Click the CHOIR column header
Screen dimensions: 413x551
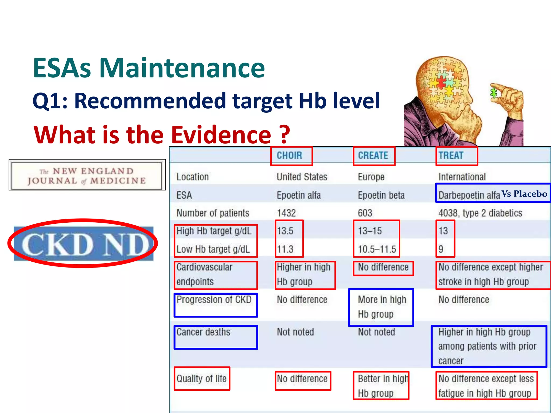pyautogui.click(x=289, y=155)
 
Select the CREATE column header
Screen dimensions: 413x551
pyautogui.click(x=373, y=155)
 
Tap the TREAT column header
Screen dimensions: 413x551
pyautogui.click(x=451, y=155)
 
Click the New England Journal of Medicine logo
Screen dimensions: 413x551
pyautogui.click(x=87, y=175)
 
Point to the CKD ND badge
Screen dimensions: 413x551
pyautogui.click(x=83, y=244)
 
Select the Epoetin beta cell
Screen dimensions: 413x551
pyautogui.click(x=381, y=195)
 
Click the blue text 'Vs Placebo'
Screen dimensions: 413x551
pyautogui.click(x=524, y=194)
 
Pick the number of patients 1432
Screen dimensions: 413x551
pyautogui.click(x=286, y=213)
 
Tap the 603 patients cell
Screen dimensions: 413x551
pyautogui.click(x=365, y=213)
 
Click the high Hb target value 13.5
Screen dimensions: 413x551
pyautogui.click(x=285, y=231)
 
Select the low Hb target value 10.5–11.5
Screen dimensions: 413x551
pyautogui.click(x=377, y=249)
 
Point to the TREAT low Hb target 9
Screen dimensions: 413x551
pyautogui.click(x=441, y=249)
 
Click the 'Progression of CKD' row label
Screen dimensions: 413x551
pyautogui.click(x=214, y=300)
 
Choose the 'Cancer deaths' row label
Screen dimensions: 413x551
pyautogui.click(x=203, y=332)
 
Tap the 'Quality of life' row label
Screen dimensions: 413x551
pyautogui.click(x=202, y=379)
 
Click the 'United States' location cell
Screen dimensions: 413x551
pyautogui.click(x=302, y=177)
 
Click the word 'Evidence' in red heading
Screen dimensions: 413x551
pyautogui.click(x=221, y=135)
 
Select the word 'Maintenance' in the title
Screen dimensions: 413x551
pyautogui.click(x=182, y=68)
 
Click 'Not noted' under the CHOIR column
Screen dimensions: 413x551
pyautogui.click(x=295, y=332)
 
